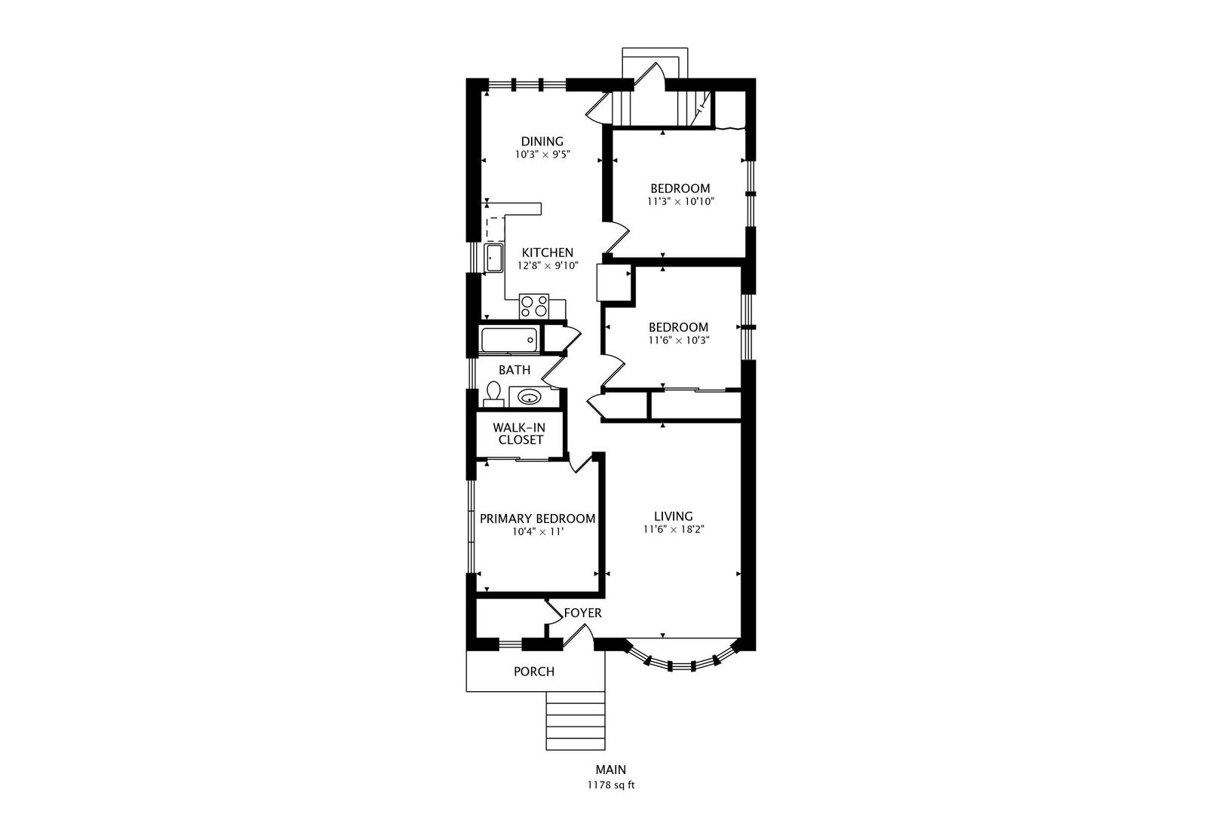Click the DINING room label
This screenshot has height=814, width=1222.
[x=542, y=142]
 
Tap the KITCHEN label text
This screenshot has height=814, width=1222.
[x=547, y=253]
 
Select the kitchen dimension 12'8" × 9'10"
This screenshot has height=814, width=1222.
[x=548, y=266]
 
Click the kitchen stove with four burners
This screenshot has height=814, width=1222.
[x=534, y=306]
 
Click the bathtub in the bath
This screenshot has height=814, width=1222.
[x=509, y=340]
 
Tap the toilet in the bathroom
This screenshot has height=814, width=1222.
[x=494, y=394]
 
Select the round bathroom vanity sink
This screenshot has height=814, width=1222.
[x=528, y=397]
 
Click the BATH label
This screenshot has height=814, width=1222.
[x=514, y=370]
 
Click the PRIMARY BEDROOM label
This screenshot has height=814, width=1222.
[x=537, y=519]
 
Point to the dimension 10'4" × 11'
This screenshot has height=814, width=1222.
[x=537, y=532]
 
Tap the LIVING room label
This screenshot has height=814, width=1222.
[x=673, y=516]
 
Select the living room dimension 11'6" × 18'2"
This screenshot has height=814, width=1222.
[x=673, y=529]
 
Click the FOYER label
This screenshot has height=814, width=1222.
[x=582, y=614]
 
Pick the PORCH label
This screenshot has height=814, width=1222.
[x=534, y=672]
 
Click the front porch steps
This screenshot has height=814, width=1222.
[x=576, y=721]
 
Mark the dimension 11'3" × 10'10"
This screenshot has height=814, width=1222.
[x=680, y=202]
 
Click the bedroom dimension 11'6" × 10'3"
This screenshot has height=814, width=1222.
[x=679, y=341]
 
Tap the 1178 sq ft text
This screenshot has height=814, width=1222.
[x=611, y=785]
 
